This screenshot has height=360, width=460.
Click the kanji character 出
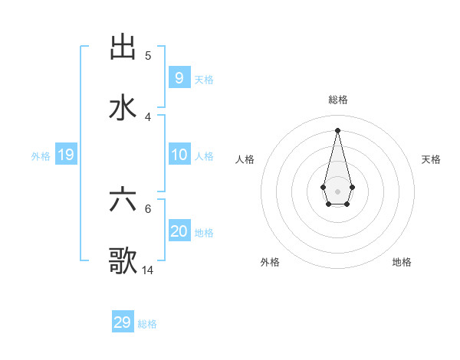(123, 47)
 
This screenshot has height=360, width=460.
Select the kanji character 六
(123, 200)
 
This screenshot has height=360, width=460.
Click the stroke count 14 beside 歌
(148, 270)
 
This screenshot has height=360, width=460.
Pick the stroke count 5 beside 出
(148, 55)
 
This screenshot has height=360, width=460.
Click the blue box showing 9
(179, 78)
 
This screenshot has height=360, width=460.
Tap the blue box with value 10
(179, 155)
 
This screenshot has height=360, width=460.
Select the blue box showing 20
(179, 231)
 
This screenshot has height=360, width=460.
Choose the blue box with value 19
(65, 155)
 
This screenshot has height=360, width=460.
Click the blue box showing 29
(122, 322)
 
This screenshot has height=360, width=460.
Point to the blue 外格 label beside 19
(41, 155)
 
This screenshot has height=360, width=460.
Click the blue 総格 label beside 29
(147, 324)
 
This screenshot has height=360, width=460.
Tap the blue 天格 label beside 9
(204, 79)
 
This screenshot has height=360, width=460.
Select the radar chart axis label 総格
(338, 100)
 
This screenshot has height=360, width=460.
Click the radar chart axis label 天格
(431, 159)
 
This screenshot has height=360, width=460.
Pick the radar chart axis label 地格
(402, 262)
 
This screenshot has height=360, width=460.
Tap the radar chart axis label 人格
(245, 159)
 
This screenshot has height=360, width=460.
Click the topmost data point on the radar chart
(337, 129)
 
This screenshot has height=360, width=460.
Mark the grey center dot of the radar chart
(337, 191)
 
